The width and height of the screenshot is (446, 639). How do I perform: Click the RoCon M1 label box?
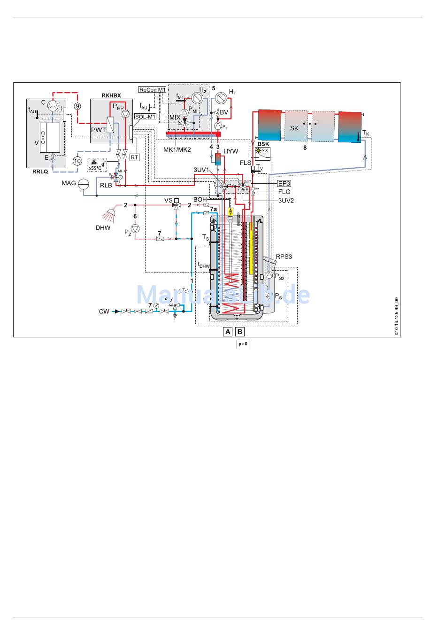(x=153, y=90)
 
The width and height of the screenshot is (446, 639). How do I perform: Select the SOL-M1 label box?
(x=145, y=117)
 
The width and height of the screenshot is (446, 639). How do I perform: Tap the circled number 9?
(x=77, y=106)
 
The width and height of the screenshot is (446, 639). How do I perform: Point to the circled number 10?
(x=77, y=161)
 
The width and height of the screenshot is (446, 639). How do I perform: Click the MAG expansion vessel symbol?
(x=84, y=183)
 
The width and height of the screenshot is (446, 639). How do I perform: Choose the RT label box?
(x=134, y=157)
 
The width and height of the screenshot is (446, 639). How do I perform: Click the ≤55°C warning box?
(x=97, y=164)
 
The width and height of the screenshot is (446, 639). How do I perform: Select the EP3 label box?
(x=284, y=183)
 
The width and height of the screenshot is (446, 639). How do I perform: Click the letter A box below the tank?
(x=228, y=332)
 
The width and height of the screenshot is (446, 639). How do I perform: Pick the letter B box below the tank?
(x=240, y=332)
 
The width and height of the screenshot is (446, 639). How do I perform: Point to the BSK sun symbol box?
(x=262, y=153)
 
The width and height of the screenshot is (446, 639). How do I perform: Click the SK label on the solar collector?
(x=294, y=128)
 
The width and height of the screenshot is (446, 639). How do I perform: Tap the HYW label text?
(x=231, y=151)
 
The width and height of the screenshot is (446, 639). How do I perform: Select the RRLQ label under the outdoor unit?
(x=40, y=171)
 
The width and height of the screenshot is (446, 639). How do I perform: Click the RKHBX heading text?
(x=111, y=95)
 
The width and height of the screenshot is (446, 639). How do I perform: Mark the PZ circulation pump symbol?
(x=135, y=229)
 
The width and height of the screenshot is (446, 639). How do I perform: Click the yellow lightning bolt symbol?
(x=230, y=212)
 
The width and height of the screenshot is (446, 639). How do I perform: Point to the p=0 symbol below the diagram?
(x=243, y=344)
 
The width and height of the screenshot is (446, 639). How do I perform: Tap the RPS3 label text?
(x=284, y=257)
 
